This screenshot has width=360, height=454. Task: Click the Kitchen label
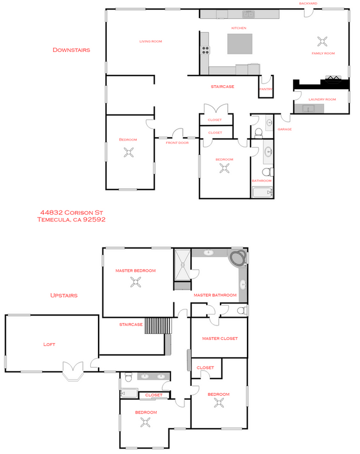239,28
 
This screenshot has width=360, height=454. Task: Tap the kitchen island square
239,44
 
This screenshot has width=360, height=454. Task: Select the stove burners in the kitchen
205,50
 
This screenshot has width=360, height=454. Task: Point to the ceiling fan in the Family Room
322,42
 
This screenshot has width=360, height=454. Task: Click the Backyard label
308,3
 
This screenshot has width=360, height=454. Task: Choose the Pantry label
266,89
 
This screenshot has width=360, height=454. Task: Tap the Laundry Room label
322,99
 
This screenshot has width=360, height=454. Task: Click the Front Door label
177,143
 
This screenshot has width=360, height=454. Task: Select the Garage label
285,129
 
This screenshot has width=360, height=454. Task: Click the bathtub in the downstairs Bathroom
263,192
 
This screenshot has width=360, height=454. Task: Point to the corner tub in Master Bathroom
238,258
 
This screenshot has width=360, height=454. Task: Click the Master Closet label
220,338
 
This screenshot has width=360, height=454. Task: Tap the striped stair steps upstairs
158,326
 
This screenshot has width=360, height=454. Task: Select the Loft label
49,344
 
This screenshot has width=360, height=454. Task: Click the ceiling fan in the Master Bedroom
136,282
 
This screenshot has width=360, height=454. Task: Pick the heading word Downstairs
71,50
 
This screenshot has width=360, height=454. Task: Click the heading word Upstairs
64,295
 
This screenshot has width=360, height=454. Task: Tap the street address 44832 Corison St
71,213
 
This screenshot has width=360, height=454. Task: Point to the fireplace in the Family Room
333,79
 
